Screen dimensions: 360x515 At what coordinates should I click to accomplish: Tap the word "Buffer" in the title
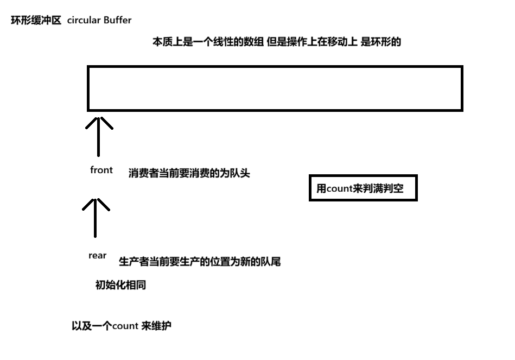point(117,21)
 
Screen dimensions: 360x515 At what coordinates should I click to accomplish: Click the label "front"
point(101,170)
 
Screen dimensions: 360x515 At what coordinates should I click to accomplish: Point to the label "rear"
point(98,255)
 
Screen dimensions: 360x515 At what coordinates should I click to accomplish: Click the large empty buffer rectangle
point(275,89)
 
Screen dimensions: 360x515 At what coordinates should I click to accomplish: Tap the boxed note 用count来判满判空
point(363,188)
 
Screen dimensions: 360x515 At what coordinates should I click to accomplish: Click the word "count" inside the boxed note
point(340,189)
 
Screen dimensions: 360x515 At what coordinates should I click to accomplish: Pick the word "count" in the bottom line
point(126,326)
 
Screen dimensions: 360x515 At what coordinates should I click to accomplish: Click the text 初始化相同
point(120,285)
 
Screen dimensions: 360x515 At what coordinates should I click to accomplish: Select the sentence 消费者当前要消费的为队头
point(189,174)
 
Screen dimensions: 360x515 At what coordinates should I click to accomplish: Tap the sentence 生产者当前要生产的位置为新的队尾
point(200,262)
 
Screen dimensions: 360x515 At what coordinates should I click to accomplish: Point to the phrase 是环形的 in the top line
point(383,42)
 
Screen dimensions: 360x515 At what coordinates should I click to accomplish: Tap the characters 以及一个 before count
point(92,326)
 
